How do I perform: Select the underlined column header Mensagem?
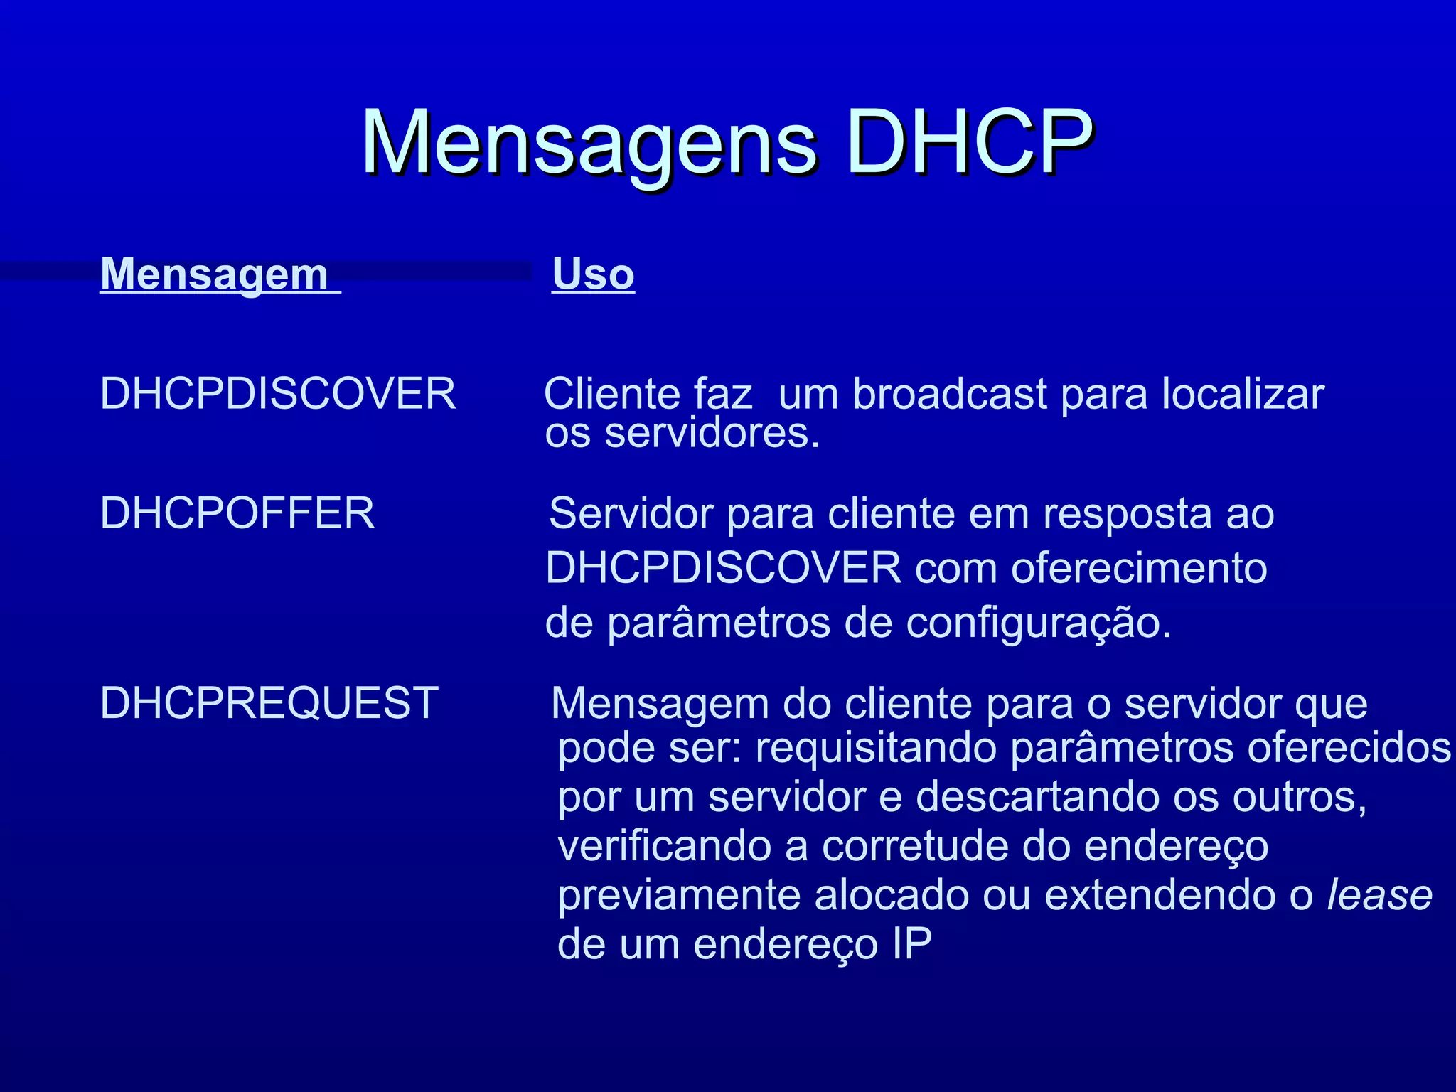(x=215, y=274)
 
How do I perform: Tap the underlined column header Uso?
(x=593, y=274)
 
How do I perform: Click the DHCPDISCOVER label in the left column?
(x=277, y=393)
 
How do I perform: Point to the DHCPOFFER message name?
(x=237, y=513)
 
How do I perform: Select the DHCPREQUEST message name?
(x=269, y=703)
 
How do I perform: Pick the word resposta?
(x=1128, y=513)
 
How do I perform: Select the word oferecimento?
(x=1139, y=568)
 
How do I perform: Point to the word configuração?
(x=1038, y=623)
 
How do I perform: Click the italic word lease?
(x=1379, y=894)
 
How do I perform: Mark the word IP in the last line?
(x=911, y=944)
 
